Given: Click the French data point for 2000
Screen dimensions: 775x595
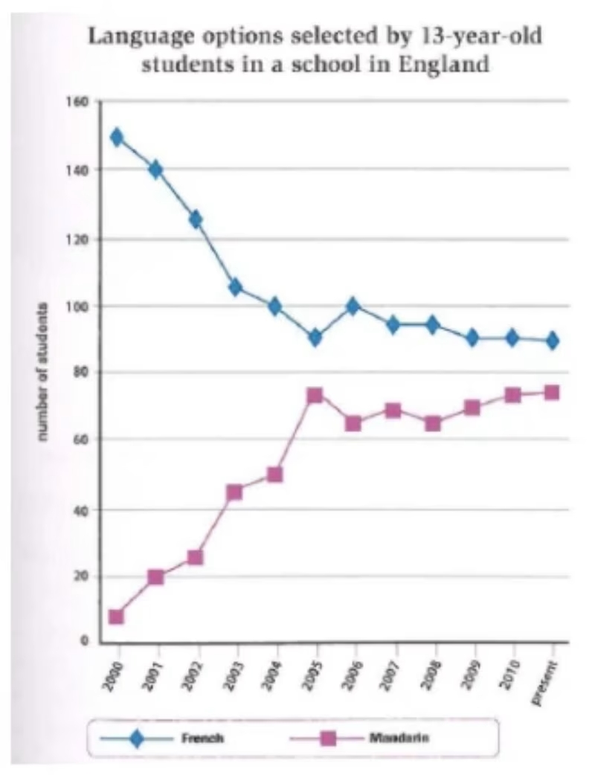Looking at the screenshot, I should pos(116,137).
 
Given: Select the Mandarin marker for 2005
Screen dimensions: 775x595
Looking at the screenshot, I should pos(315,395).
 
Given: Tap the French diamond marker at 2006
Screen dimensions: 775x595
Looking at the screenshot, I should pos(354,306).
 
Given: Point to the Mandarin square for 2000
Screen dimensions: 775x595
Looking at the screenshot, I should pos(116,617).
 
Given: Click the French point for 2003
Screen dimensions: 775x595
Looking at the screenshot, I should pos(235,287).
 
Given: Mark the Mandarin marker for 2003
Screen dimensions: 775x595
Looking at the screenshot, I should pos(235,492).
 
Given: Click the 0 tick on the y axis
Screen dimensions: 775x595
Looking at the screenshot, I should pos(85,641).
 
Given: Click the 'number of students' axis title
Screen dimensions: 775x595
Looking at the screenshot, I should pos(45,372).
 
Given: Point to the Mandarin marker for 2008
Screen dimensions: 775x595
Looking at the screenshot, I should pos(434,424).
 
